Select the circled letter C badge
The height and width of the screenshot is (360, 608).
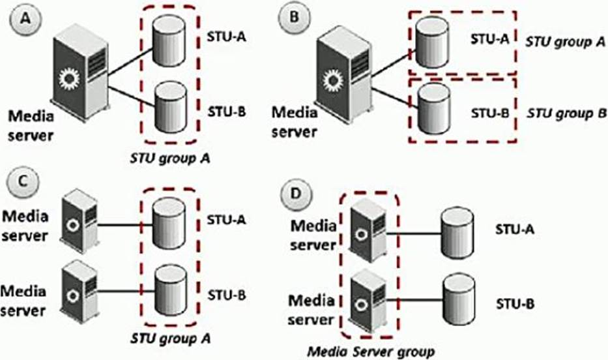click(22, 182)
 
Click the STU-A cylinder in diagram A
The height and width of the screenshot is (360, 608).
click(169, 42)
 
